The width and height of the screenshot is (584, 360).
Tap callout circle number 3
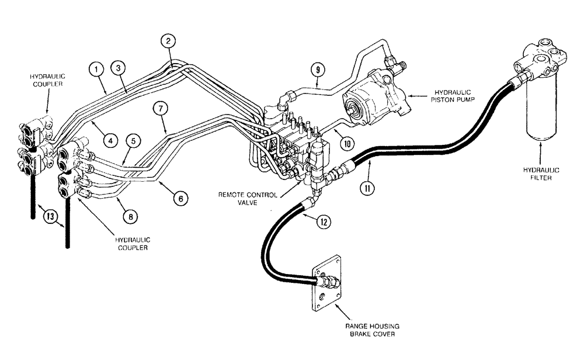coord(118,68)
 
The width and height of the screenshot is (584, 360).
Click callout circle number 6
coord(180,199)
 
